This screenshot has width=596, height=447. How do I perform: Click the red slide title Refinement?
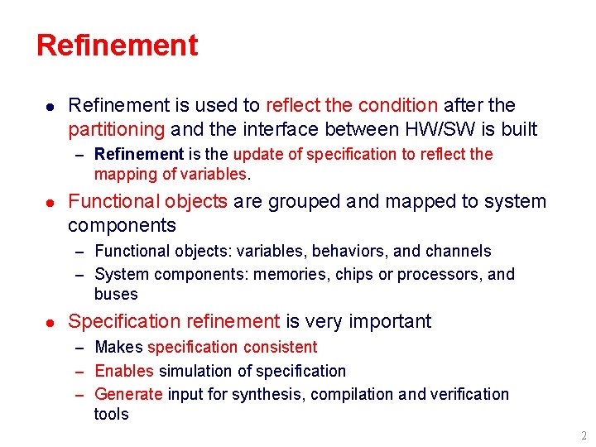click(x=117, y=45)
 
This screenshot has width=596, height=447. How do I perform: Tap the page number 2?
click(x=584, y=435)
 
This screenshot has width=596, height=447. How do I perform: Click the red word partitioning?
click(x=117, y=130)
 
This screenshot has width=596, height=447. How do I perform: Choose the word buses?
click(x=116, y=295)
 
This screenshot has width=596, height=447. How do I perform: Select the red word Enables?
click(x=124, y=372)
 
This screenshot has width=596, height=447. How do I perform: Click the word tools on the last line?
click(x=111, y=415)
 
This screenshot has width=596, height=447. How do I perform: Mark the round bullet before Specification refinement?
click(x=50, y=322)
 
